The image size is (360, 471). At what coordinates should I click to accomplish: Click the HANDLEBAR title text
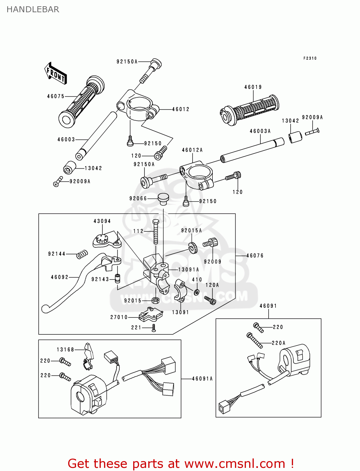(x=33, y=9)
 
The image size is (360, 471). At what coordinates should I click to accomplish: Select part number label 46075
(x=56, y=96)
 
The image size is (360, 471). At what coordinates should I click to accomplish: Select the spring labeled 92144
(x=82, y=254)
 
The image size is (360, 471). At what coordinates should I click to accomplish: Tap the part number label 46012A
(x=192, y=150)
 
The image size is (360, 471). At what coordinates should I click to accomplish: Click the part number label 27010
(x=119, y=317)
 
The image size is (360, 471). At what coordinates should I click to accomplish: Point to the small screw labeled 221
(x=154, y=328)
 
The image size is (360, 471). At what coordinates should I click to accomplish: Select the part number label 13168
(x=65, y=349)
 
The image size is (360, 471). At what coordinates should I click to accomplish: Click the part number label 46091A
(x=202, y=379)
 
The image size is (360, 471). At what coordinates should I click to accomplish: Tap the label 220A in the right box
(x=278, y=343)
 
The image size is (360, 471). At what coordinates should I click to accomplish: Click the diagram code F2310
(x=310, y=58)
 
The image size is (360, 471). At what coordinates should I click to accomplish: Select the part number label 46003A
(x=260, y=131)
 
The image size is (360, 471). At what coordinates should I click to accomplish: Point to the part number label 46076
(x=255, y=256)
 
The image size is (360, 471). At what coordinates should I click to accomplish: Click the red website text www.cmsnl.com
(x=234, y=463)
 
